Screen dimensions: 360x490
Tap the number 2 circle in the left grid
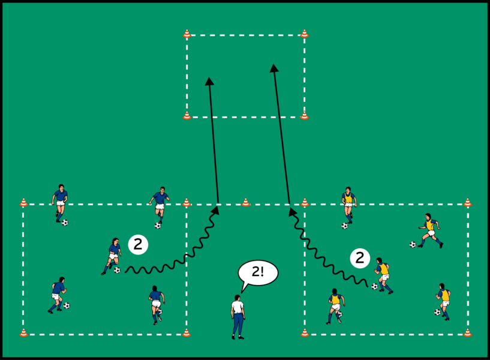137,244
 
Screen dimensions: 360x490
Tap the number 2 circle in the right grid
360,258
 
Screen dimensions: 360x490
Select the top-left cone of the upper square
187,34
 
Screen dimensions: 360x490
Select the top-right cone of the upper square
304,34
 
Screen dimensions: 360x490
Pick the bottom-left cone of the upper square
187,115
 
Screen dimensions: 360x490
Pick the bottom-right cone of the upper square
304,115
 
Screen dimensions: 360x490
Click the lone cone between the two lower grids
245,203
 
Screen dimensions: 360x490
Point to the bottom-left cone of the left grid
23,332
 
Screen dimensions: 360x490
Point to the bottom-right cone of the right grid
467,332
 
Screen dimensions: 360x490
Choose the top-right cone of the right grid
467,203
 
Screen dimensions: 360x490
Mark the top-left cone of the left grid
23,203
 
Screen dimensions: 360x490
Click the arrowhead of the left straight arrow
209,82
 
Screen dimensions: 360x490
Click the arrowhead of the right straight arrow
274,68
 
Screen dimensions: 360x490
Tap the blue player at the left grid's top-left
59,203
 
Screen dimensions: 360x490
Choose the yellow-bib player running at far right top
430,229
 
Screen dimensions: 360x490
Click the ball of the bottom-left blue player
67,305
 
